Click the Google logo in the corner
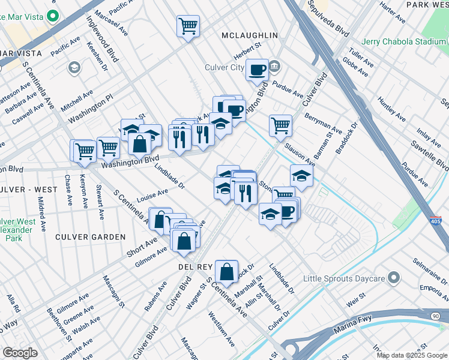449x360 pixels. [x=20, y=353]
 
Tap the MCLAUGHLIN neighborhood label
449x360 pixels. [x=250, y=35]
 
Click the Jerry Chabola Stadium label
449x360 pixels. [x=405, y=42]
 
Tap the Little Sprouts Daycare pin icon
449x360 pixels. [x=394, y=277]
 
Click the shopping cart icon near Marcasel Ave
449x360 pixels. [x=188, y=26]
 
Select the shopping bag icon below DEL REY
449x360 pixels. [x=227, y=271]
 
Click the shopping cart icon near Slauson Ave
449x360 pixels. [x=280, y=125]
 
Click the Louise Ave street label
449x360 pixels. [x=152, y=195]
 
